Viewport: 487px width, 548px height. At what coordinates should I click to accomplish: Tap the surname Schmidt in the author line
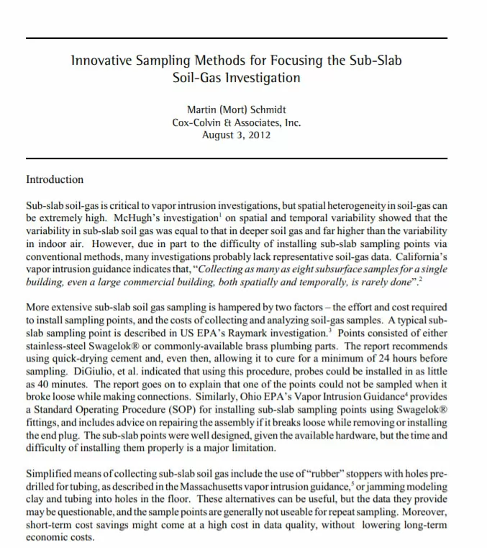tap(265, 110)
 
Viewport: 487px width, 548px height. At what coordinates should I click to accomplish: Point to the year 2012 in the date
tap(258, 135)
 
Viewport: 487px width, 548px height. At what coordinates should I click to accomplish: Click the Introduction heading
tap(55, 179)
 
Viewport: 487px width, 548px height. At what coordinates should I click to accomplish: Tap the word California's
tap(419, 255)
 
